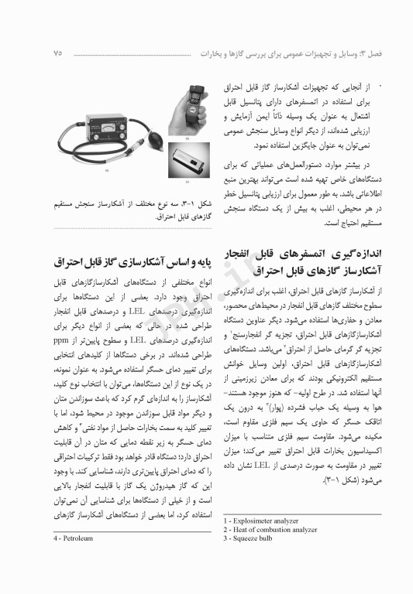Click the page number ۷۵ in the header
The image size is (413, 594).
click(x=59, y=53)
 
